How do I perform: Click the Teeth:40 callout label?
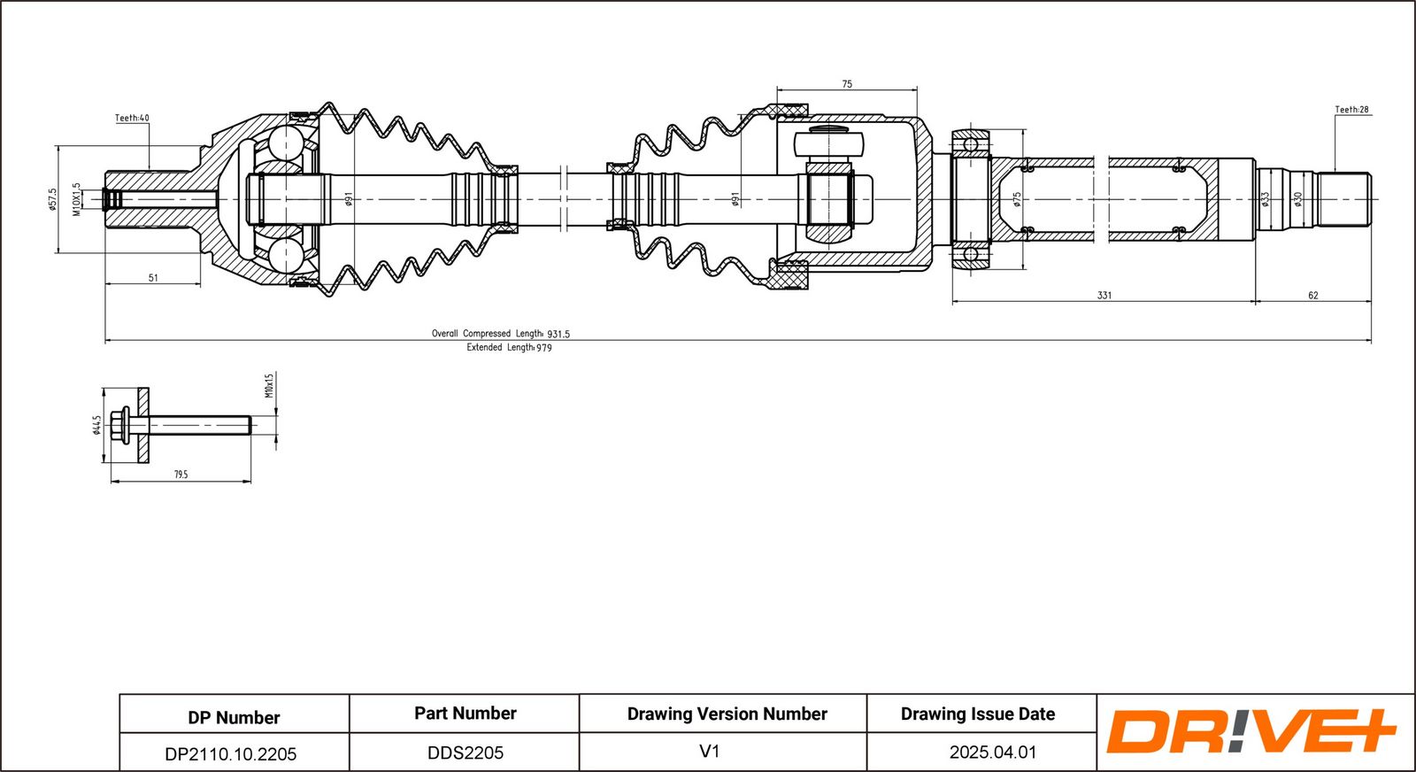pyautogui.click(x=132, y=118)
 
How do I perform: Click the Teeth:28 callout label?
pyautogui.click(x=1351, y=110)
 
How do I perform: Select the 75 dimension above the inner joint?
pyautogui.click(x=847, y=84)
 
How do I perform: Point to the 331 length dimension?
pyautogui.click(x=1104, y=295)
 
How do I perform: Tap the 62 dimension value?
pyautogui.click(x=1312, y=295)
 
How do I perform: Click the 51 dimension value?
pyautogui.click(x=153, y=278)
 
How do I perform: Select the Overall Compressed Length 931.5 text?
pyautogui.click(x=500, y=334)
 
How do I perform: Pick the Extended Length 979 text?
pyautogui.click(x=509, y=348)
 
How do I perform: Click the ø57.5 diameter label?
pyautogui.click(x=52, y=199)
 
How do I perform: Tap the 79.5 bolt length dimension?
pyautogui.click(x=181, y=475)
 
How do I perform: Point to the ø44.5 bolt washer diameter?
pyautogui.click(x=96, y=425)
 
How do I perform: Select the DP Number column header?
pyautogui.click(x=234, y=717)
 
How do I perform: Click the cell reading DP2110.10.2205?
pyautogui.click(x=231, y=754)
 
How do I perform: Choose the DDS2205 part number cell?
pyautogui.click(x=466, y=753)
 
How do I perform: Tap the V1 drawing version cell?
pyautogui.click(x=709, y=752)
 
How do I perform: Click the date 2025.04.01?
pyautogui.click(x=992, y=753)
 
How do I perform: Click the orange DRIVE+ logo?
pyautogui.click(x=1250, y=731)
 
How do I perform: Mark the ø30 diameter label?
pyautogui.click(x=1298, y=199)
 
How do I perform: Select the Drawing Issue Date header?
pyautogui.click(x=978, y=714)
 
